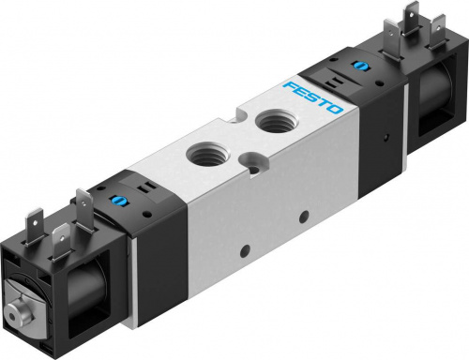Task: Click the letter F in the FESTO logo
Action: [291, 88]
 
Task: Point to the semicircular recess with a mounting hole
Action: [254, 161]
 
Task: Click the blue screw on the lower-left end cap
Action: [113, 199]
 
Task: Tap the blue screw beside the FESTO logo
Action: [356, 67]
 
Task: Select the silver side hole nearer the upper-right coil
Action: [303, 216]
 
